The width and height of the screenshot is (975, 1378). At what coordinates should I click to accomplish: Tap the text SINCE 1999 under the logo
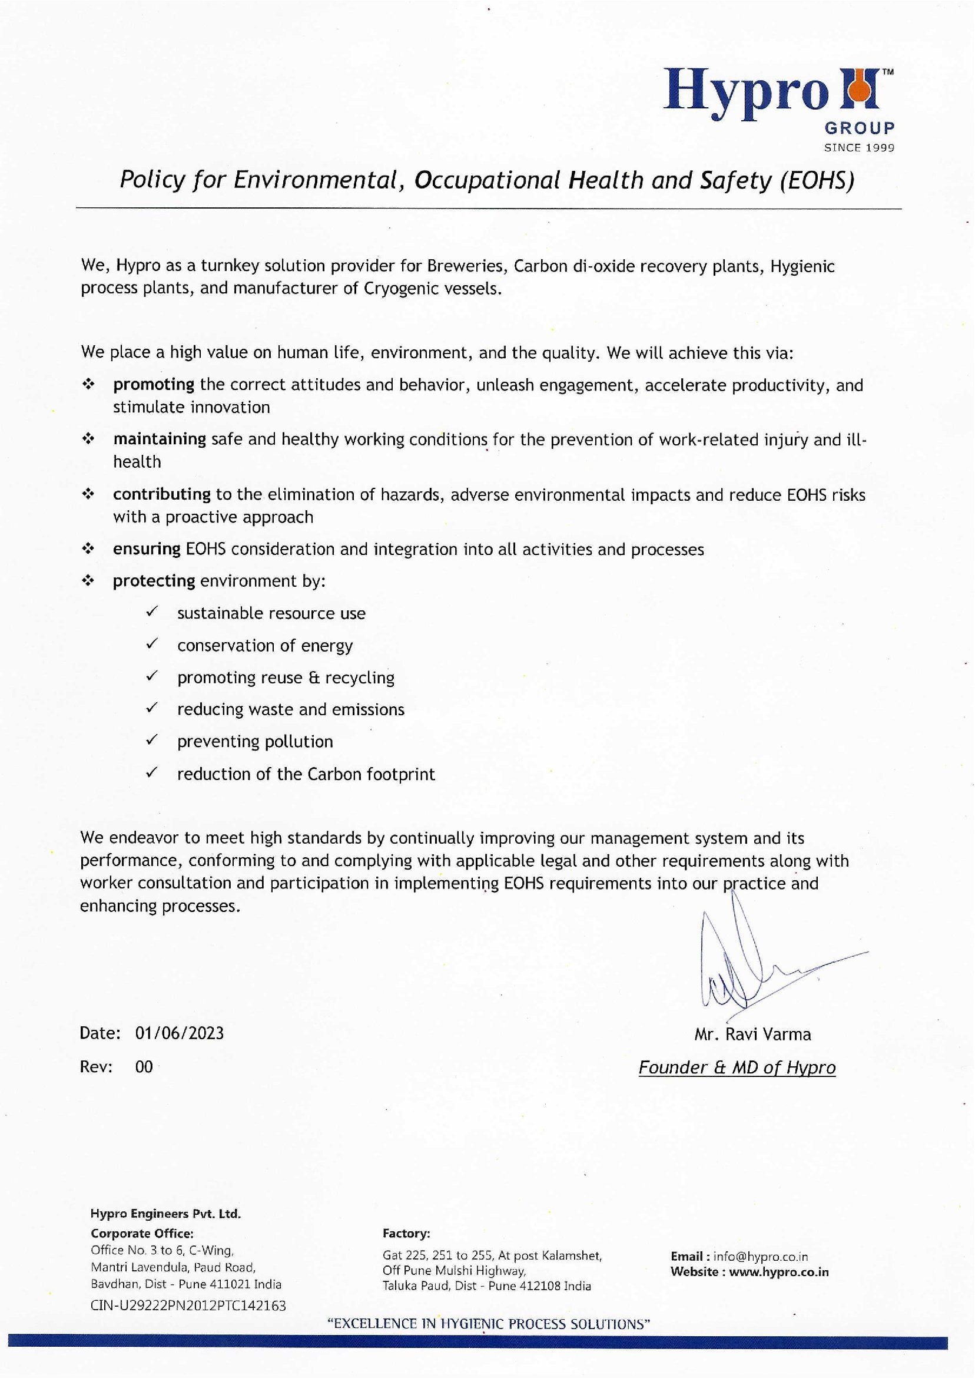(859, 148)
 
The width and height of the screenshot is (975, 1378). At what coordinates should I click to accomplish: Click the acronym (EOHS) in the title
(817, 180)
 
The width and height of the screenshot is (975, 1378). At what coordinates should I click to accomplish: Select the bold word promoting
(154, 385)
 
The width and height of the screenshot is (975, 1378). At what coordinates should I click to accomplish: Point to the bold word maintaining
(160, 439)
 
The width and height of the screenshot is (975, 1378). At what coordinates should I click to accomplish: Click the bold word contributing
(161, 494)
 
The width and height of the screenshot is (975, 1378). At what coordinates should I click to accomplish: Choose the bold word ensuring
(147, 549)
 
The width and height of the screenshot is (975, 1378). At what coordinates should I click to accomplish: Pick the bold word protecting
(154, 581)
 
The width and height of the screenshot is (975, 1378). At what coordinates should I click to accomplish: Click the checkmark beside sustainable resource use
(152, 612)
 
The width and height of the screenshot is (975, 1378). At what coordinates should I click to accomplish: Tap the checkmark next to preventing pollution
(152, 740)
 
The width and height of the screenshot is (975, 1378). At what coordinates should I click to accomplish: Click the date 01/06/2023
(180, 1033)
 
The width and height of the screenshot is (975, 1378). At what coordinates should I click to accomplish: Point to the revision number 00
(144, 1067)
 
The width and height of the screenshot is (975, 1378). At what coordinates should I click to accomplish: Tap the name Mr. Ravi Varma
(752, 1034)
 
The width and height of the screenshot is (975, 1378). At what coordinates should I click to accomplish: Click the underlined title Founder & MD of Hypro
(737, 1068)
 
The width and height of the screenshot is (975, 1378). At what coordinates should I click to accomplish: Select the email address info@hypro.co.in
(760, 1257)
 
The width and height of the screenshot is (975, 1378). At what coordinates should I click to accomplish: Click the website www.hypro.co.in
(779, 1273)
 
